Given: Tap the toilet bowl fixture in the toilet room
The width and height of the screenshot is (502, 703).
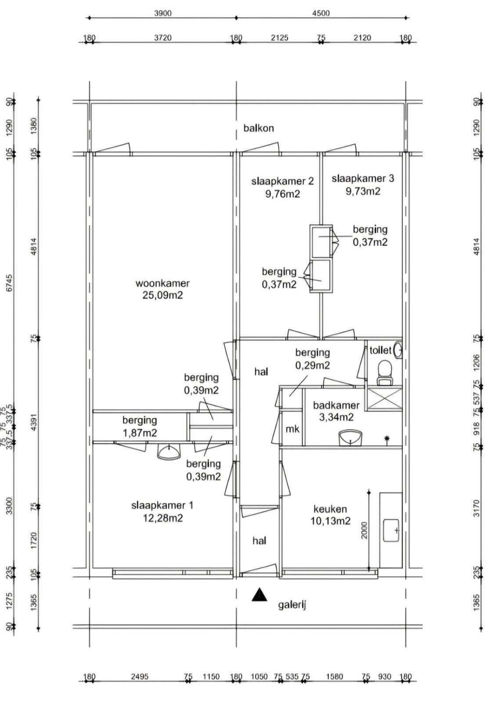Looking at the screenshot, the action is coord(384,373).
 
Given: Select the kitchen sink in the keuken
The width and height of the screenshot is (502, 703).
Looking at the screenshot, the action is coord(391,530).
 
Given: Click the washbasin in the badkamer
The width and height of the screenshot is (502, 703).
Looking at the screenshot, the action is coord(350,438).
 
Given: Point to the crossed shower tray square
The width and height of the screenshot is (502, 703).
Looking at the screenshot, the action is coord(385,399).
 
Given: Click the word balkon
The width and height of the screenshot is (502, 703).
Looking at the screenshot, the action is coord(259,128).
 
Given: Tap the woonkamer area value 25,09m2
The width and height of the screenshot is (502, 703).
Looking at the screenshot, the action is coord(163,295).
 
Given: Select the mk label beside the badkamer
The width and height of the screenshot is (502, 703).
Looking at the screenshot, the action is coord(293,429).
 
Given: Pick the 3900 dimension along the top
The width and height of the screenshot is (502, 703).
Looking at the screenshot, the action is coord(163,13).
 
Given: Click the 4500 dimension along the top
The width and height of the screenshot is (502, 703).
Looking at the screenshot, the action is coord(321,13).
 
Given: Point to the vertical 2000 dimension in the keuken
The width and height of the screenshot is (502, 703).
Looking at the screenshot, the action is coord(364,530).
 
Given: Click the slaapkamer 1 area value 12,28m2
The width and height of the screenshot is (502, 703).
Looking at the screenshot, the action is coord(163,518).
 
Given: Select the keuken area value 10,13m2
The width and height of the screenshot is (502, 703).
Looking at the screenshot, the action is coord(330,521).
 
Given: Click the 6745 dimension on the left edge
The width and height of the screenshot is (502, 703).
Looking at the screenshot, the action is coord(10,283).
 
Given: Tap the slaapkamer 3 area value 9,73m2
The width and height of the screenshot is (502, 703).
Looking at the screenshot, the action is coord(363,191).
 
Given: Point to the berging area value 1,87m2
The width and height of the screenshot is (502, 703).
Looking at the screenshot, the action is coord(140,433).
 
